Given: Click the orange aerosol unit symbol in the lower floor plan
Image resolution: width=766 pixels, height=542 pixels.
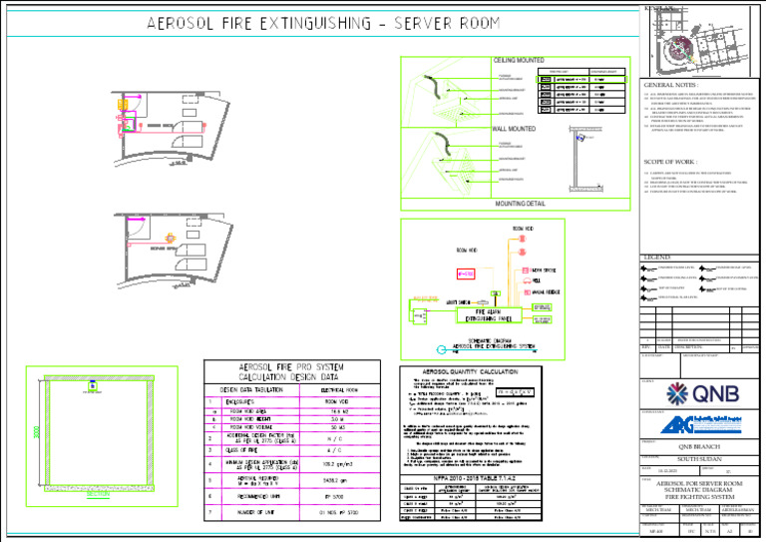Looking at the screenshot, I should (x=171, y=239).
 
